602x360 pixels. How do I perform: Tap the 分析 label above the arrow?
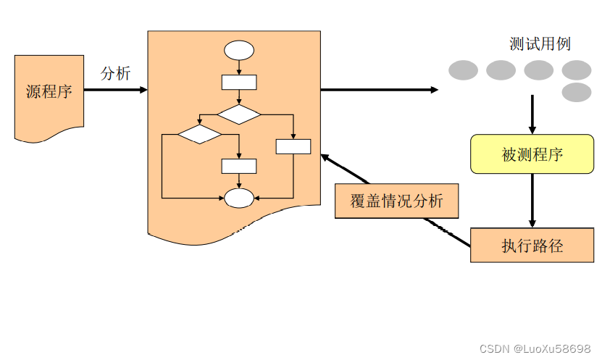115,73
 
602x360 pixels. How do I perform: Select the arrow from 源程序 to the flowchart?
116,90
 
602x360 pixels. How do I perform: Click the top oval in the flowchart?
239,51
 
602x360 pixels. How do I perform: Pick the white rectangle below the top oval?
238,82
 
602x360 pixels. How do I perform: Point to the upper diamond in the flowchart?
239,114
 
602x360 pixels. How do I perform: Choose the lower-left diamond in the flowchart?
199,134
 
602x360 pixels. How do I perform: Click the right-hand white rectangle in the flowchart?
293,146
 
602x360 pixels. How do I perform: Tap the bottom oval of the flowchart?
239,197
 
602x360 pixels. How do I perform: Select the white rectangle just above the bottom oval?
238,166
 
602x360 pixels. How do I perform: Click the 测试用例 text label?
540,44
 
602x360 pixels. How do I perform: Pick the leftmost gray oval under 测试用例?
463,70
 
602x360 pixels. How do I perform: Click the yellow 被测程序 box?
532,154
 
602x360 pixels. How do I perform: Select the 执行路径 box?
532,245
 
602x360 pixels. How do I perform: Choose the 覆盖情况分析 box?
397,201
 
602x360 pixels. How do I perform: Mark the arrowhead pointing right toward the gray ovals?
434,90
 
